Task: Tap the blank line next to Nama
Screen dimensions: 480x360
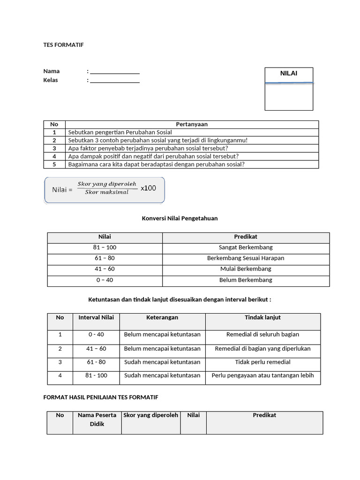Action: pos(114,72)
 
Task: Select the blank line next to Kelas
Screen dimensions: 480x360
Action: pos(114,81)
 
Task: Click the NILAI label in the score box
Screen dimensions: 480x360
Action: pos(289,74)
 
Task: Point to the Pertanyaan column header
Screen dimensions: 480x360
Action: pos(191,124)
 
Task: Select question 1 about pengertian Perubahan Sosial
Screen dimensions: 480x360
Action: pos(120,133)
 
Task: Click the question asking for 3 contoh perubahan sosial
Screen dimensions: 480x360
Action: pos(157,140)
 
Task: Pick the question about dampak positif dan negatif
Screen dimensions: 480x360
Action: pos(153,156)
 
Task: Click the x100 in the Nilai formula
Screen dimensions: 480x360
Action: pos(148,188)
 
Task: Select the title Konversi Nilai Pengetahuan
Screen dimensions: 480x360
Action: pos(180,218)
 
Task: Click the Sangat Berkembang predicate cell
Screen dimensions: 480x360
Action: pos(246,247)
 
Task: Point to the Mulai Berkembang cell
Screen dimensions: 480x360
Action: pos(246,269)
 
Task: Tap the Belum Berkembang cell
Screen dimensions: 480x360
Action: pos(246,280)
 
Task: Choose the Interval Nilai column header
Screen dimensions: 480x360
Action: pos(96,318)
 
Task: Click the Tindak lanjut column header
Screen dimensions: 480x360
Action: pos(262,318)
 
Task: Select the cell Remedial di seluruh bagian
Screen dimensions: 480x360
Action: pos(262,335)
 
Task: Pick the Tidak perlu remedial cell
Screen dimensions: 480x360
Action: pos(262,362)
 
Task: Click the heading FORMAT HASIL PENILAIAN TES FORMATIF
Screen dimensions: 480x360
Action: pos(101,397)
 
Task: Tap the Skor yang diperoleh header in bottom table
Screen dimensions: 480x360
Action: pos(151,415)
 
